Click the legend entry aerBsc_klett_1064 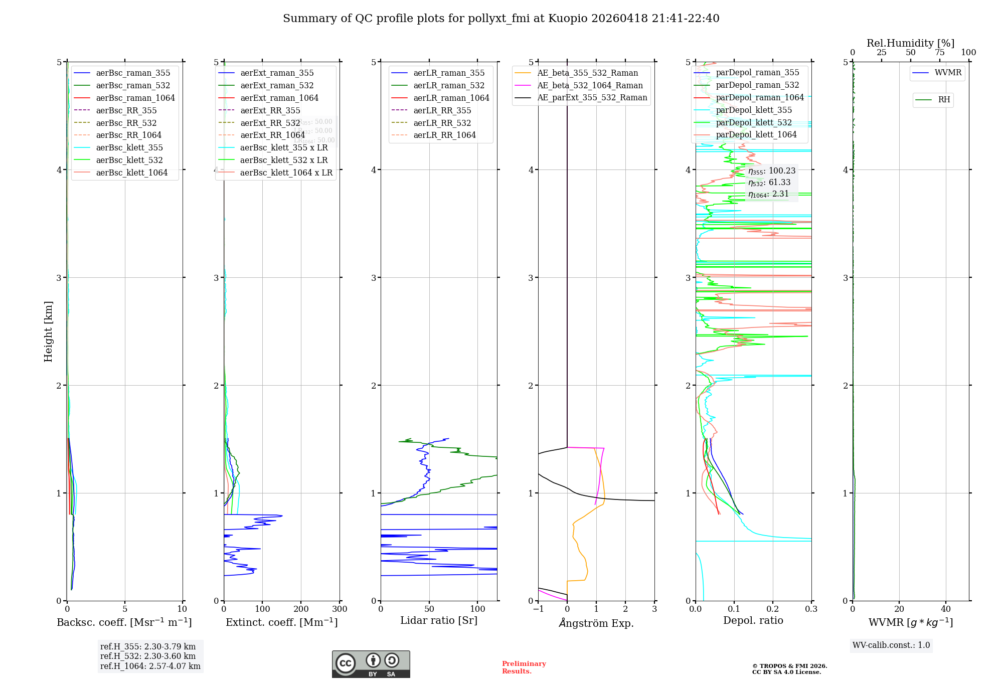[131, 173]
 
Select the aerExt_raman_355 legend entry [277, 73]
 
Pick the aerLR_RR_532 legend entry [442, 123]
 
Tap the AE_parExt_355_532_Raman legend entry [592, 98]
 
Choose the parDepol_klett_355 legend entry [754, 110]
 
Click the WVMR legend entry [948, 73]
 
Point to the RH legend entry [944, 100]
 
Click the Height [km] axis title [48, 331]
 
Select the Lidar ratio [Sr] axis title [439, 620]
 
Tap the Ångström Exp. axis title [596, 623]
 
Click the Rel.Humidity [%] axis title [910, 43]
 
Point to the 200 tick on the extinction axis [301, 609]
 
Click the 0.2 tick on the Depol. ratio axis [773, 609]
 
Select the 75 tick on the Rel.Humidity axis [939, 52]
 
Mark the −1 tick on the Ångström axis [538, 609]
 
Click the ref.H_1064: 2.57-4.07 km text [150, 666]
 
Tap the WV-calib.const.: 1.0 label [891, 645]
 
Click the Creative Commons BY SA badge [371, 664]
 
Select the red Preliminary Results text [524, 667]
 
